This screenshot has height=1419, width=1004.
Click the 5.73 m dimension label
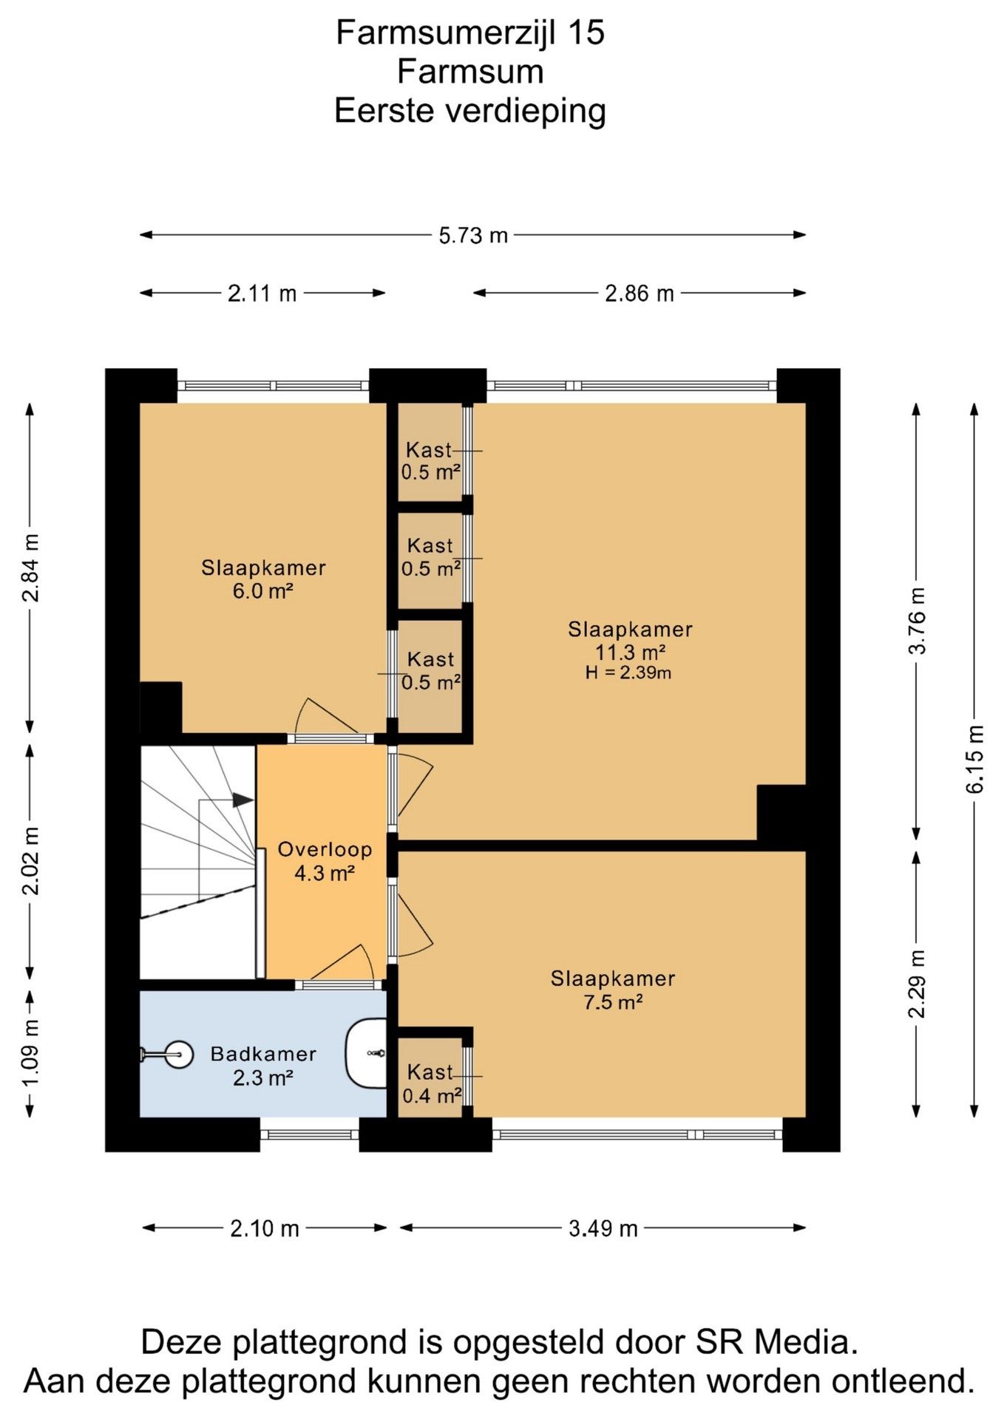pos(473,236)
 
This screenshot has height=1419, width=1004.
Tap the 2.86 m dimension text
pos(640,293)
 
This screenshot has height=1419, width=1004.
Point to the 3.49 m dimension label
pos(603,1228)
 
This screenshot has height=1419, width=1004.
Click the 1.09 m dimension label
pos(31,1053)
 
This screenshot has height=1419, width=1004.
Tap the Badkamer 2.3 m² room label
pos(263,1066)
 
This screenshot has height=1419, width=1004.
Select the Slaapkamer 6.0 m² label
pos(263,579)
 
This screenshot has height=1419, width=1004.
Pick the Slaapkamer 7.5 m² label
pos(613,990)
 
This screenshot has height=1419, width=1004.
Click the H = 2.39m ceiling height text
pos(628,673)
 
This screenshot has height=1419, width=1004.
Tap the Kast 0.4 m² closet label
pos(432,1083)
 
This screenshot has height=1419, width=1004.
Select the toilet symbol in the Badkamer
pos(167,1055)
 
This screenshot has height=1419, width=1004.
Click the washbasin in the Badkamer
pos(367,1053)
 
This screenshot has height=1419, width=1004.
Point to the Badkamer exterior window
pos(310,1134)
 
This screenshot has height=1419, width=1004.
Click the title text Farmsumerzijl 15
pos(470,33)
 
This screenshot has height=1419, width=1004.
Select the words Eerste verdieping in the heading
pos(470,111)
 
